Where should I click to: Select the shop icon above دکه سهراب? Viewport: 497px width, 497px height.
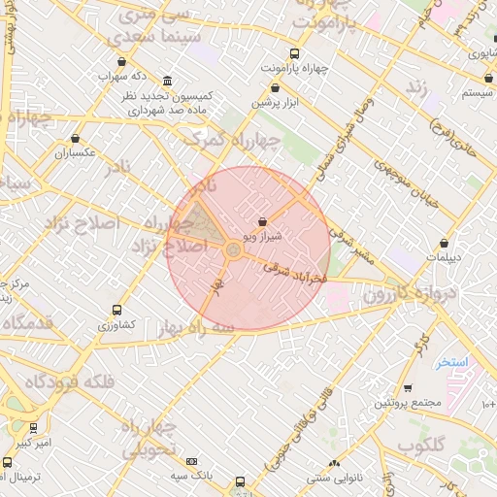click(120, 61)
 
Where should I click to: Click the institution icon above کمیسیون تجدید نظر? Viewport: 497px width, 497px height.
click(169, 81)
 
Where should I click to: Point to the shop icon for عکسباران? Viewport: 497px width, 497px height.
click(76, 138)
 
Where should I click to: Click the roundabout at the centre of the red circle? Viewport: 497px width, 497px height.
click(233, 250)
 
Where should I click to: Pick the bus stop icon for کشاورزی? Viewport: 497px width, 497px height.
click(116, 311)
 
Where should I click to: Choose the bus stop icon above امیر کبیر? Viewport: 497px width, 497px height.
click(34, 428)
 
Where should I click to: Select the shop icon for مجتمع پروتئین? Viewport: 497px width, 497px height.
click(406, 388)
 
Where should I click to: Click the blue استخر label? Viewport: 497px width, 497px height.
click(451, 362)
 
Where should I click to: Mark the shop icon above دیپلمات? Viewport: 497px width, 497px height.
click(445, 243)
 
